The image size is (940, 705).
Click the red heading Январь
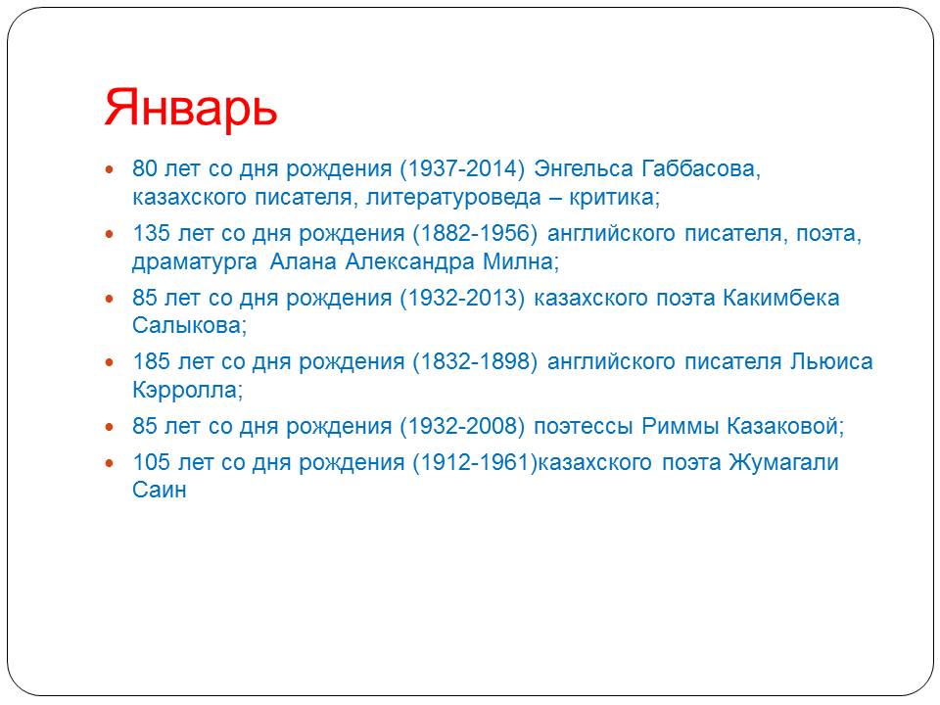[x=191, y=108]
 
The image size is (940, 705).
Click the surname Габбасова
[x=701, y=168]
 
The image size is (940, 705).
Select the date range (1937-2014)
[x=462, y=168]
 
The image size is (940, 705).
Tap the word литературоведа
[x=453, y=197]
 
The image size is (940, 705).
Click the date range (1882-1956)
[x=476, y=233]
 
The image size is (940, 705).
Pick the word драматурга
[x=194, y=262]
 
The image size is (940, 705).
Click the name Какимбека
[x=780, y=298]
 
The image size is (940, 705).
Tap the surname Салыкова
[x=189, y=325]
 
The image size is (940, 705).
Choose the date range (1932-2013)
[x=462, y=298]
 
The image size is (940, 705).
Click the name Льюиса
[x=831, y=361]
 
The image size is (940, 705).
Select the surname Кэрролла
[x=188, y=391]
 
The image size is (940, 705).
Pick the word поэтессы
[x=583, y=426]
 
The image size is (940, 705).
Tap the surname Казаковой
[x=785, y=426]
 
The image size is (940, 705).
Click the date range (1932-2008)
[x=462, y=426]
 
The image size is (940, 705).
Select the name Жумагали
[x=783, y=462]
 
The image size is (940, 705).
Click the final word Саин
[x=160, y=490]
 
